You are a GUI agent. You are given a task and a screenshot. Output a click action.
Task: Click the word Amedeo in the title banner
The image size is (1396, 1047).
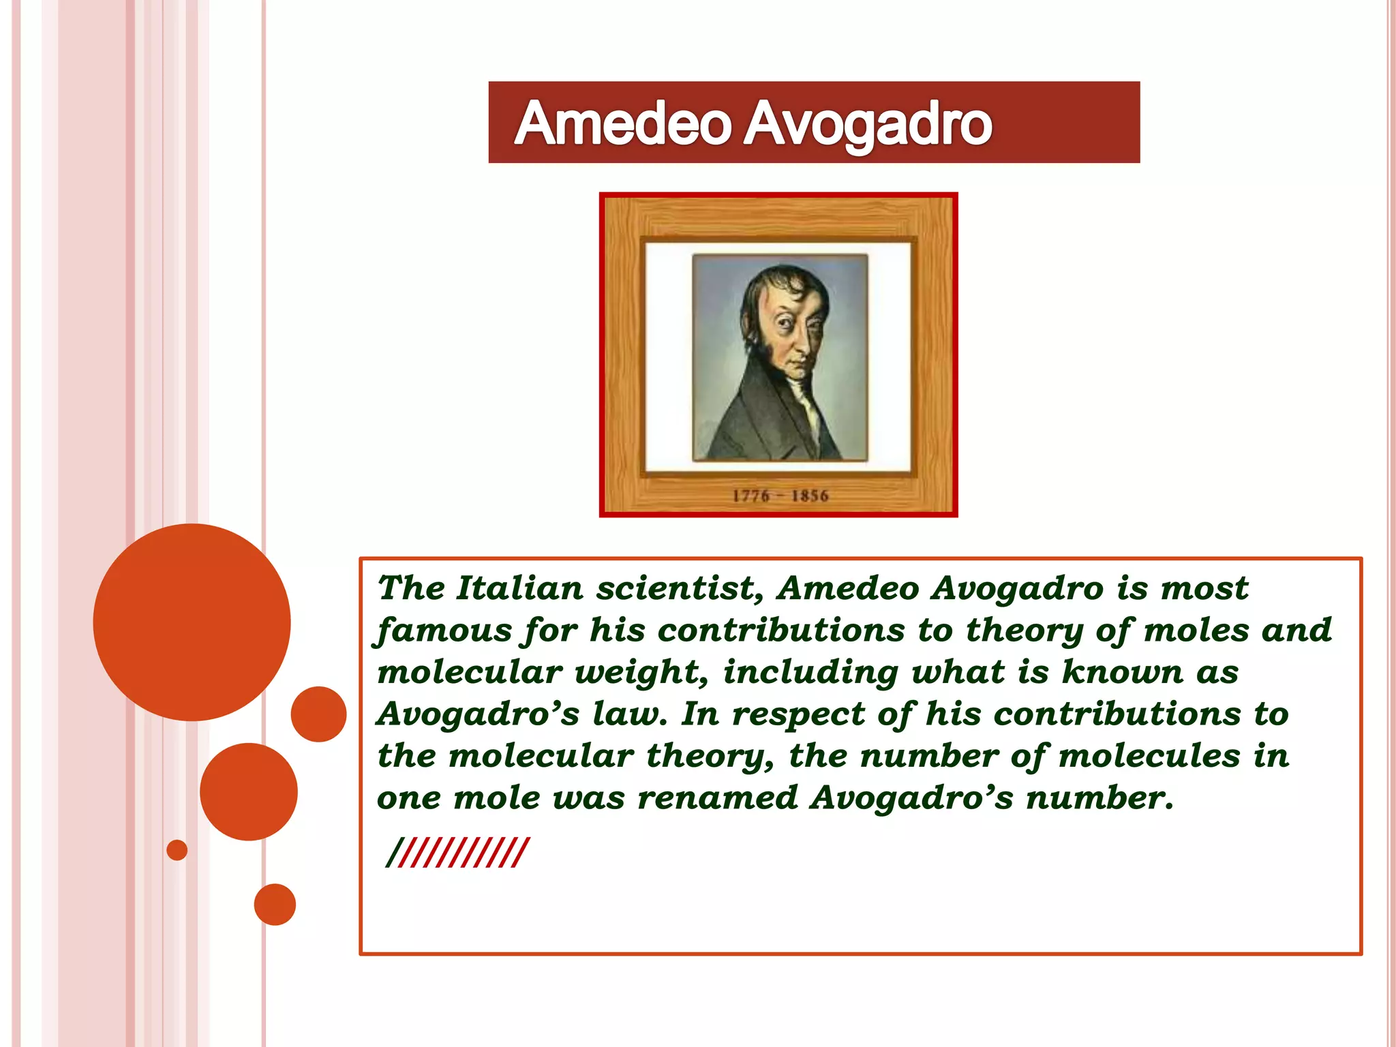[x=622, y=124]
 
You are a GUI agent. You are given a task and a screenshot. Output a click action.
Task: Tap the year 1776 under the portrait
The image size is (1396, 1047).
[x=750, y=496]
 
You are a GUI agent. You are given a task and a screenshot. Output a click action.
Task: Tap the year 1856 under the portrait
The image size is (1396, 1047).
[x=810, y=496]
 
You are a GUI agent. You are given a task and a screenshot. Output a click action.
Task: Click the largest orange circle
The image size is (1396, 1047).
[x=192, y=622]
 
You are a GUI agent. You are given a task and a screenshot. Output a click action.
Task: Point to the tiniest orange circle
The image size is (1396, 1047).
[x=177, y=850]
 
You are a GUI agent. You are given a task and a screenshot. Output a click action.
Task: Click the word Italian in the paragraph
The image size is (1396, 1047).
[x=519, y=588]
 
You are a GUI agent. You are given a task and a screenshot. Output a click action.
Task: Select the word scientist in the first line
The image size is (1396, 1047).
[x=679, y=588]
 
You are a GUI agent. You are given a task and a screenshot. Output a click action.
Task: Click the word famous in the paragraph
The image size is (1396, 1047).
[x=443, y=630]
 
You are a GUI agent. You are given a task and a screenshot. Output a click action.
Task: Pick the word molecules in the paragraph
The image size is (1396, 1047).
[x=1149, y=756]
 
